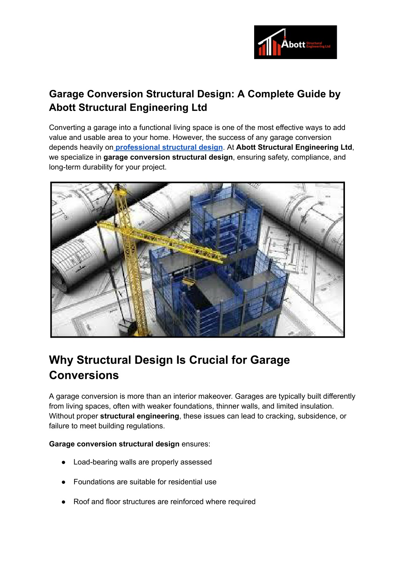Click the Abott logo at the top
point(295,42)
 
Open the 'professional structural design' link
point(169,147)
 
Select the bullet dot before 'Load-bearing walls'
point(63,462)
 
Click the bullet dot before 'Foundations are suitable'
point(63,482)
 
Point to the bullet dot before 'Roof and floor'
point(63,502)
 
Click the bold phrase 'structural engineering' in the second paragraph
point(140,416)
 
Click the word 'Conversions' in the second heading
point(84,375)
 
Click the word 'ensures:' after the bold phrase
point(196,444)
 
